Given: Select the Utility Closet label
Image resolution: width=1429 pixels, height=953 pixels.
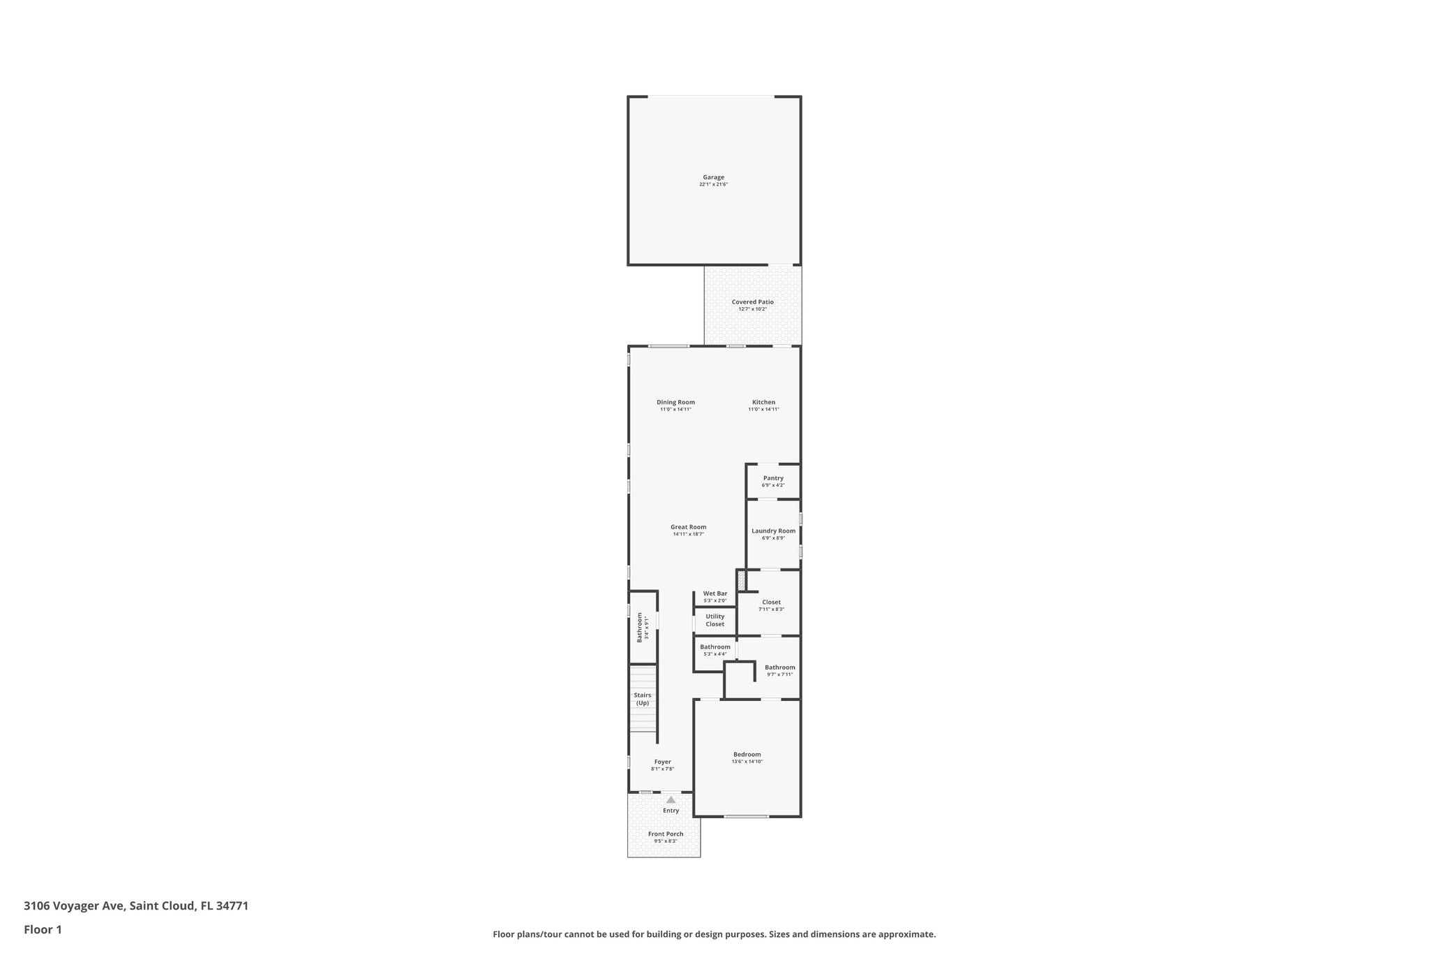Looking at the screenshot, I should pos(714,620).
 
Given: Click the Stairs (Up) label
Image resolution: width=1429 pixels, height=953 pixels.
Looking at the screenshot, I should pos(642,699).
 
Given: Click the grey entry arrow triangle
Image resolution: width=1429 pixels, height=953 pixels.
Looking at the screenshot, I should pos(671,800).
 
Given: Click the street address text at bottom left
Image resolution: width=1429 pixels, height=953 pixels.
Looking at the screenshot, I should pos(136,906).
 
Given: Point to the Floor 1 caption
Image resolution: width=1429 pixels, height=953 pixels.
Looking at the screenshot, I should pos(43,929).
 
